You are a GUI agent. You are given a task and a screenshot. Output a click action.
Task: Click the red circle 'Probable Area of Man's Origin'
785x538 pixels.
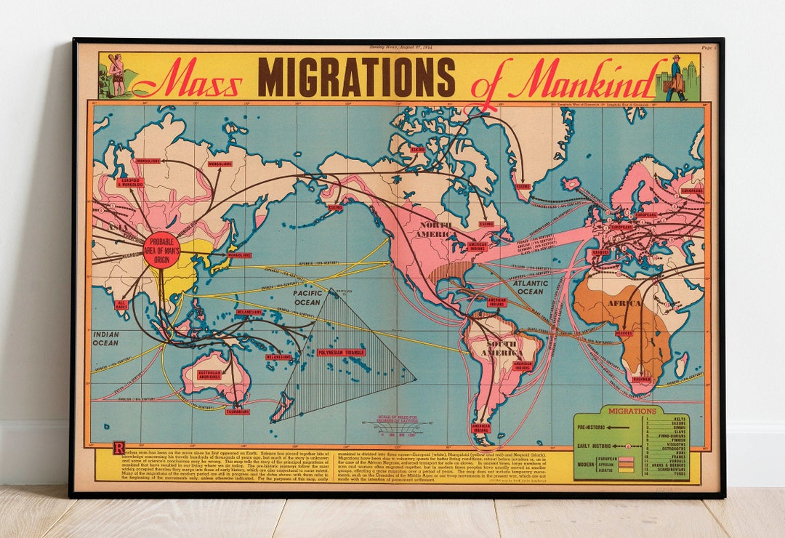tap(161, 251)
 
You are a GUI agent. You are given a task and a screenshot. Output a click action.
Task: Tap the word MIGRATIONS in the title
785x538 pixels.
tap(356, 77)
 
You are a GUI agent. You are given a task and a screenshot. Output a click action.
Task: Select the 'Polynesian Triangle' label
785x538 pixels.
tap(341, 353)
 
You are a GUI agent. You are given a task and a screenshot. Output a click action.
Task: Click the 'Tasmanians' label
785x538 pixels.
tap(237, 411)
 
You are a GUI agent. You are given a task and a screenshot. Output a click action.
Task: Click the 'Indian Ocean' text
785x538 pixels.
tap(106, 338)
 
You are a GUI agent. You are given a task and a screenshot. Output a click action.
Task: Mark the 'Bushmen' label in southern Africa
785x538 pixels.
tap(641, 379)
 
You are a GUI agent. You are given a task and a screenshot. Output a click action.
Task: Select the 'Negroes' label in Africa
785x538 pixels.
tap(623, 334)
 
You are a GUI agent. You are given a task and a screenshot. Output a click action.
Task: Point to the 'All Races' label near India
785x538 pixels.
tap(121, 305)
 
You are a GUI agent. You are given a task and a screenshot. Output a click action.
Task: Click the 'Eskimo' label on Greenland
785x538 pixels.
tap(523, 186)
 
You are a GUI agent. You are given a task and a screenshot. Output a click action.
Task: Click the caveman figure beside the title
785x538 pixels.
tap(115, 75)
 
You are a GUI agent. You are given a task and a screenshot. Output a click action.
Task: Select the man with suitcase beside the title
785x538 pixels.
tap(677, 77)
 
